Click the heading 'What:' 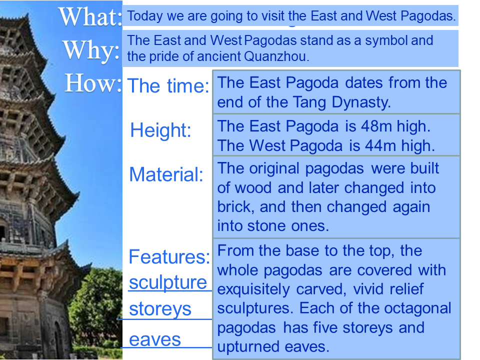90,17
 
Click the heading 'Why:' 91,50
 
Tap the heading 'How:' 93,83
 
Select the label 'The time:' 168,85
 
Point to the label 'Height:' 160,130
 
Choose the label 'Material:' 166,175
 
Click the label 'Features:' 169,256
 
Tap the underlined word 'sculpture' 168,282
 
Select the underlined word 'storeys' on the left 160,309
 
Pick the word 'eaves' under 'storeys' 155,340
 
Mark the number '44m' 381,145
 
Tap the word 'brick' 234,207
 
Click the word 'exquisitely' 253,289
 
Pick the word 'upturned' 248,347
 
